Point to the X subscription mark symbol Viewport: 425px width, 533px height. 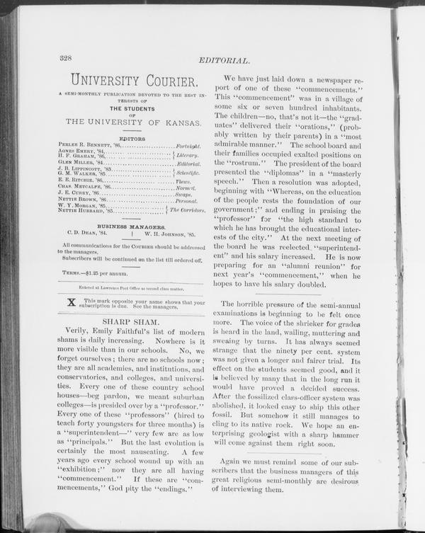click(x=70, y=304)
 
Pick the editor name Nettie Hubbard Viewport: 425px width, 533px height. click(x=80, y=211)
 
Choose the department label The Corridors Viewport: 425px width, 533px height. click(x=188, y=210)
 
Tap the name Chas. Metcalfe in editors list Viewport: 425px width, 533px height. click(x=79, y=186)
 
